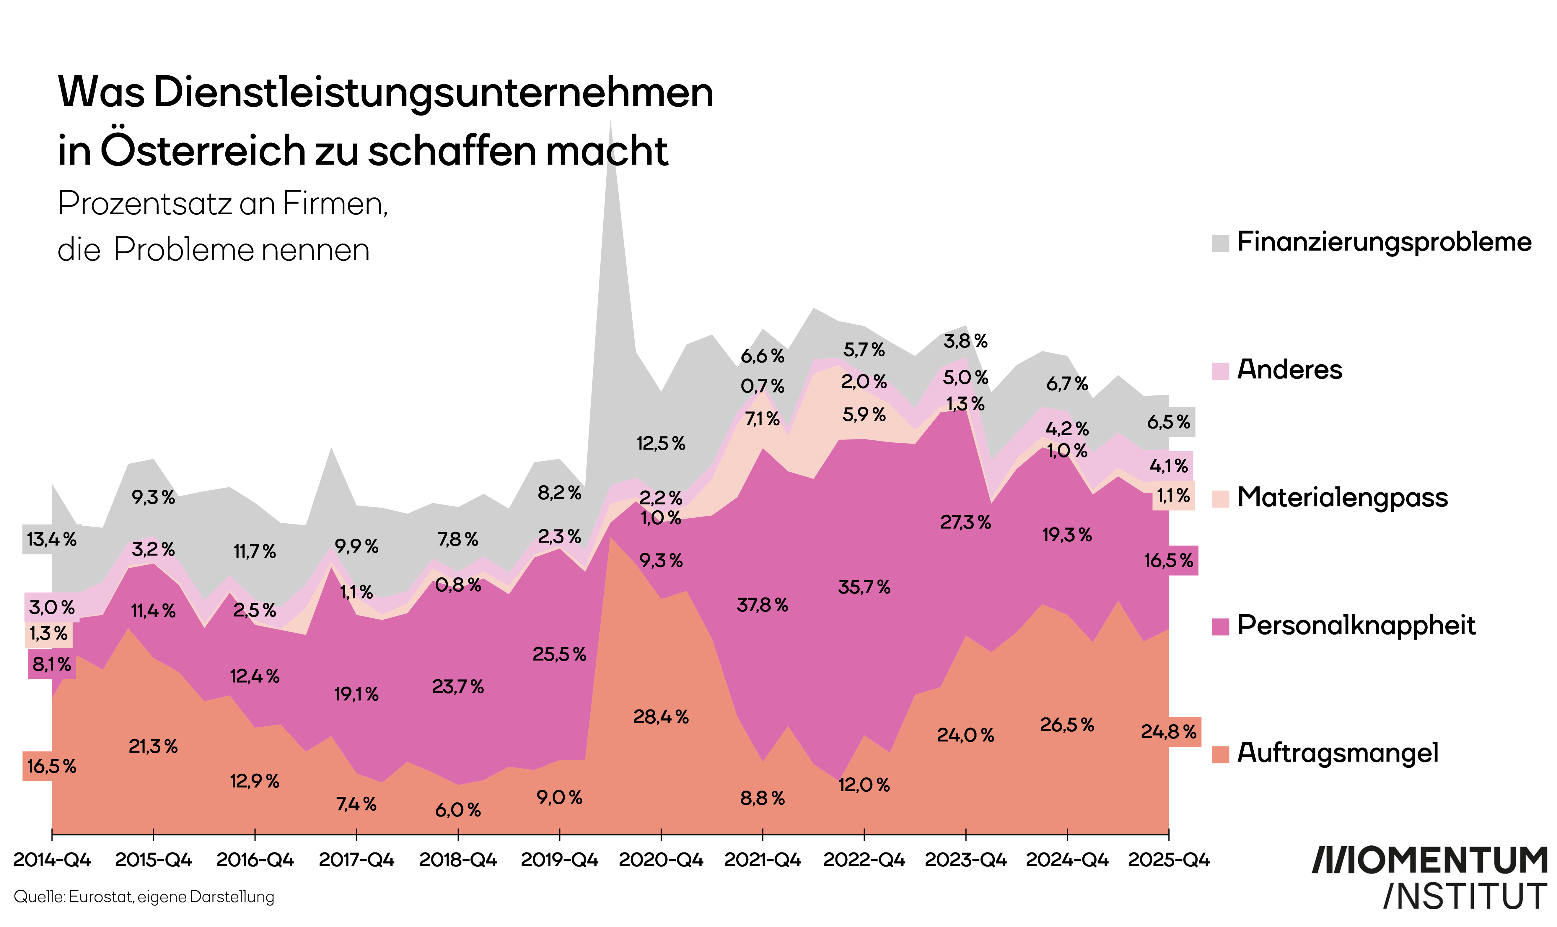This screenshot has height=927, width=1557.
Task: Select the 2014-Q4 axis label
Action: (x=52, y=860)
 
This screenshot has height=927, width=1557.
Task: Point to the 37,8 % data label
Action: (x=762, y=605)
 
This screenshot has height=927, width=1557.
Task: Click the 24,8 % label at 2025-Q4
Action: (x=1168, y=731)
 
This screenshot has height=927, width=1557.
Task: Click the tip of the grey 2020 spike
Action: (x=610, y=121)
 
